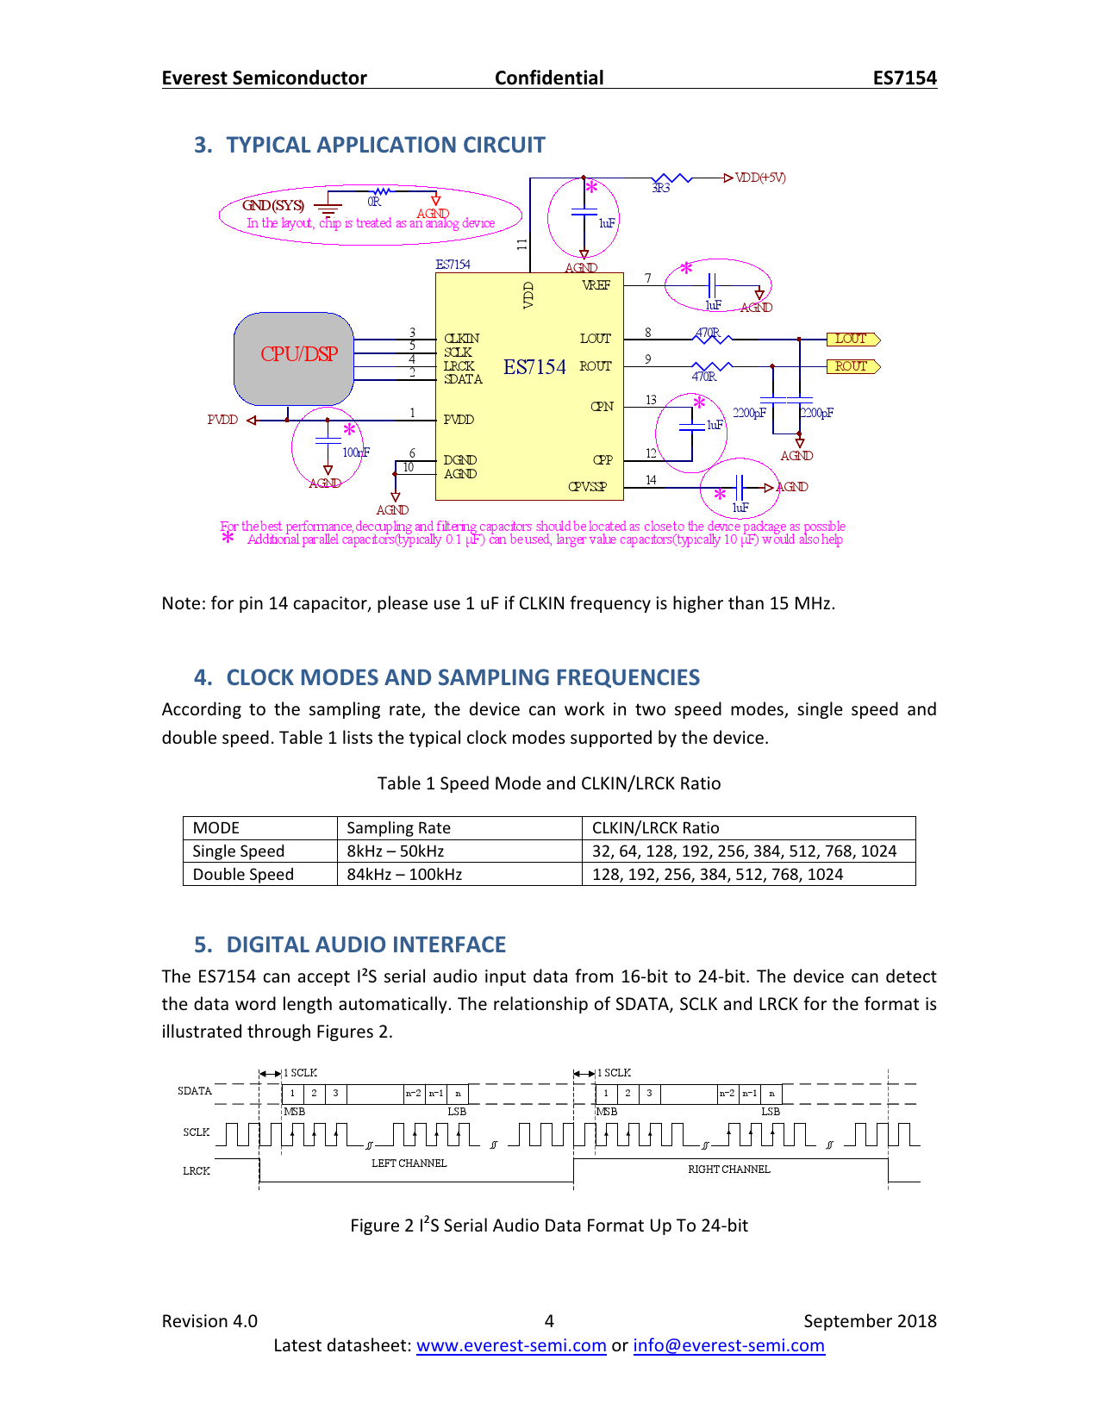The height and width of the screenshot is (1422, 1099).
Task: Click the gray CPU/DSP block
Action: [294, 359]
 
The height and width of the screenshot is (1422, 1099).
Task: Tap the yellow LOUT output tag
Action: [852, 339]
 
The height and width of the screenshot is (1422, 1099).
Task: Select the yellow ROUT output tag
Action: [852, 366]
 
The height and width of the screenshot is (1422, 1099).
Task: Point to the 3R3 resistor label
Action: [661, 188]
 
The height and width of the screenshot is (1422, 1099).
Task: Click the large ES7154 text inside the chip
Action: [534, 367]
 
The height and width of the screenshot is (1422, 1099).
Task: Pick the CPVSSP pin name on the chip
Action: [587, 487]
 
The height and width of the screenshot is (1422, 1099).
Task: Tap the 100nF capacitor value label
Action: [356, 452]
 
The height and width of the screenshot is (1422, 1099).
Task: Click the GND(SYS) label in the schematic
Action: [272, 205]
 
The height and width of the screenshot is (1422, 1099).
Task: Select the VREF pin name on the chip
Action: [596, 285]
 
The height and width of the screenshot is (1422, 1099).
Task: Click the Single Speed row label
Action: [239, 851]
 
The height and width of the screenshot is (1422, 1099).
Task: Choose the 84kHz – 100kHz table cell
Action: [404, 875]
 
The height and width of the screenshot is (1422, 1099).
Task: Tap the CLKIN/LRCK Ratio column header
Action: [655, 828]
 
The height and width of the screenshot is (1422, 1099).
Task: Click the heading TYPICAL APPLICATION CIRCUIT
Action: [385, 145]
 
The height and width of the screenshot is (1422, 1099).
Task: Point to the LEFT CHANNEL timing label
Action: [409, 1163]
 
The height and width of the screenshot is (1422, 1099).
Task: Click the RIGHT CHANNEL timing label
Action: [728, 1169]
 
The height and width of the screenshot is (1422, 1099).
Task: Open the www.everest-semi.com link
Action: [511, 1345]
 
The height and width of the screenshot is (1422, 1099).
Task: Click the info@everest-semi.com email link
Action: [728, 1345]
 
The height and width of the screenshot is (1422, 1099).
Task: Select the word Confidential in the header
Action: [549, 78]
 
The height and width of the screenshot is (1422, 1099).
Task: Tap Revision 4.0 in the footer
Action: [209, 1321]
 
